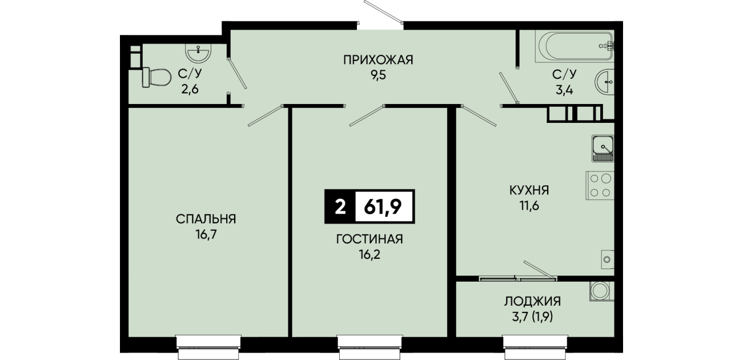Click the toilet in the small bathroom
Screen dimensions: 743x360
coord(156,78)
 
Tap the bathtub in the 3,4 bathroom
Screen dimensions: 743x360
coord(575,46)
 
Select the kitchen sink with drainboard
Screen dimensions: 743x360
coord(603,149)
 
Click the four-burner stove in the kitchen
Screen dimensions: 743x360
coord(600,186)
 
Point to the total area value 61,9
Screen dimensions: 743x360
coord(383,207)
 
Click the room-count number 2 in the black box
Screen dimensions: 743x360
coord(340,207)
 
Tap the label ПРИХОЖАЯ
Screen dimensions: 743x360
coord(378,61)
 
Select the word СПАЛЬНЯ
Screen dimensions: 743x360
coord(206,219)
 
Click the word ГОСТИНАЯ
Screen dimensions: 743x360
coord(370,239)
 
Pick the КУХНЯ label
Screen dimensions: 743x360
coord(529,190)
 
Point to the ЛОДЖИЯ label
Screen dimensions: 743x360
coord(533,301)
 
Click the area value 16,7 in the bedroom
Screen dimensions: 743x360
coord(206,235)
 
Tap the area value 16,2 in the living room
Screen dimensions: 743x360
coord(370,255)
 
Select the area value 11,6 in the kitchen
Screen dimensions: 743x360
coord(529,206)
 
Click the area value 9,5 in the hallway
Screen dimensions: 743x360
coord(379,75)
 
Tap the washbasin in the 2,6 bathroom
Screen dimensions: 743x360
coord(198,53)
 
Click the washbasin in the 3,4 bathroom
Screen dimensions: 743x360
coord(604,82)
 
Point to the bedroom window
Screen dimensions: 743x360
coord(208,346)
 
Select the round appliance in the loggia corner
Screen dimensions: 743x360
coord(602,291)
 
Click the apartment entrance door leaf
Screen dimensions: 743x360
coord(383,11)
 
